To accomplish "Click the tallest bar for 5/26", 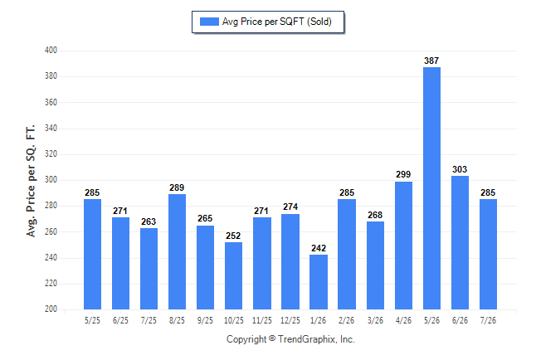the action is (x=431, y=188).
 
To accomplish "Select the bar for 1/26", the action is (x=319, y=282).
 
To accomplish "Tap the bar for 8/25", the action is (x=177, y=251).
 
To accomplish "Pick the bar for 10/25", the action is (x=233, y=275).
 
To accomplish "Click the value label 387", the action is (x=431, y=61).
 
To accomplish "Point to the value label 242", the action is (x=319, y=248).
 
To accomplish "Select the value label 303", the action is (x=460, y=169).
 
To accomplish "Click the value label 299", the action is (x=403, y=174).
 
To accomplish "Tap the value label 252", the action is (x=233, y=236).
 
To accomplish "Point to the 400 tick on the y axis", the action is (x=51, y=51).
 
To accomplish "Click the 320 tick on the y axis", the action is (x=51, y=153).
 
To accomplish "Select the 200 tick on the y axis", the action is (x=51, y=309).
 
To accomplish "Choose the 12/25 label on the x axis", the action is (x=290, y=320).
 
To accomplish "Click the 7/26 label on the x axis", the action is (x=488, y=320).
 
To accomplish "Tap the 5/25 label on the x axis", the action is (x=92, y=320).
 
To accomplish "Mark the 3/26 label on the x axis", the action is (x=375, y=320).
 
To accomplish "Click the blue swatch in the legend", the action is (x=209, y=22).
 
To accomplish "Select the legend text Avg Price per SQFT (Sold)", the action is (x=277, y=22).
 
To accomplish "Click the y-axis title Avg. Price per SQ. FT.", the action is (x=31, y=181).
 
